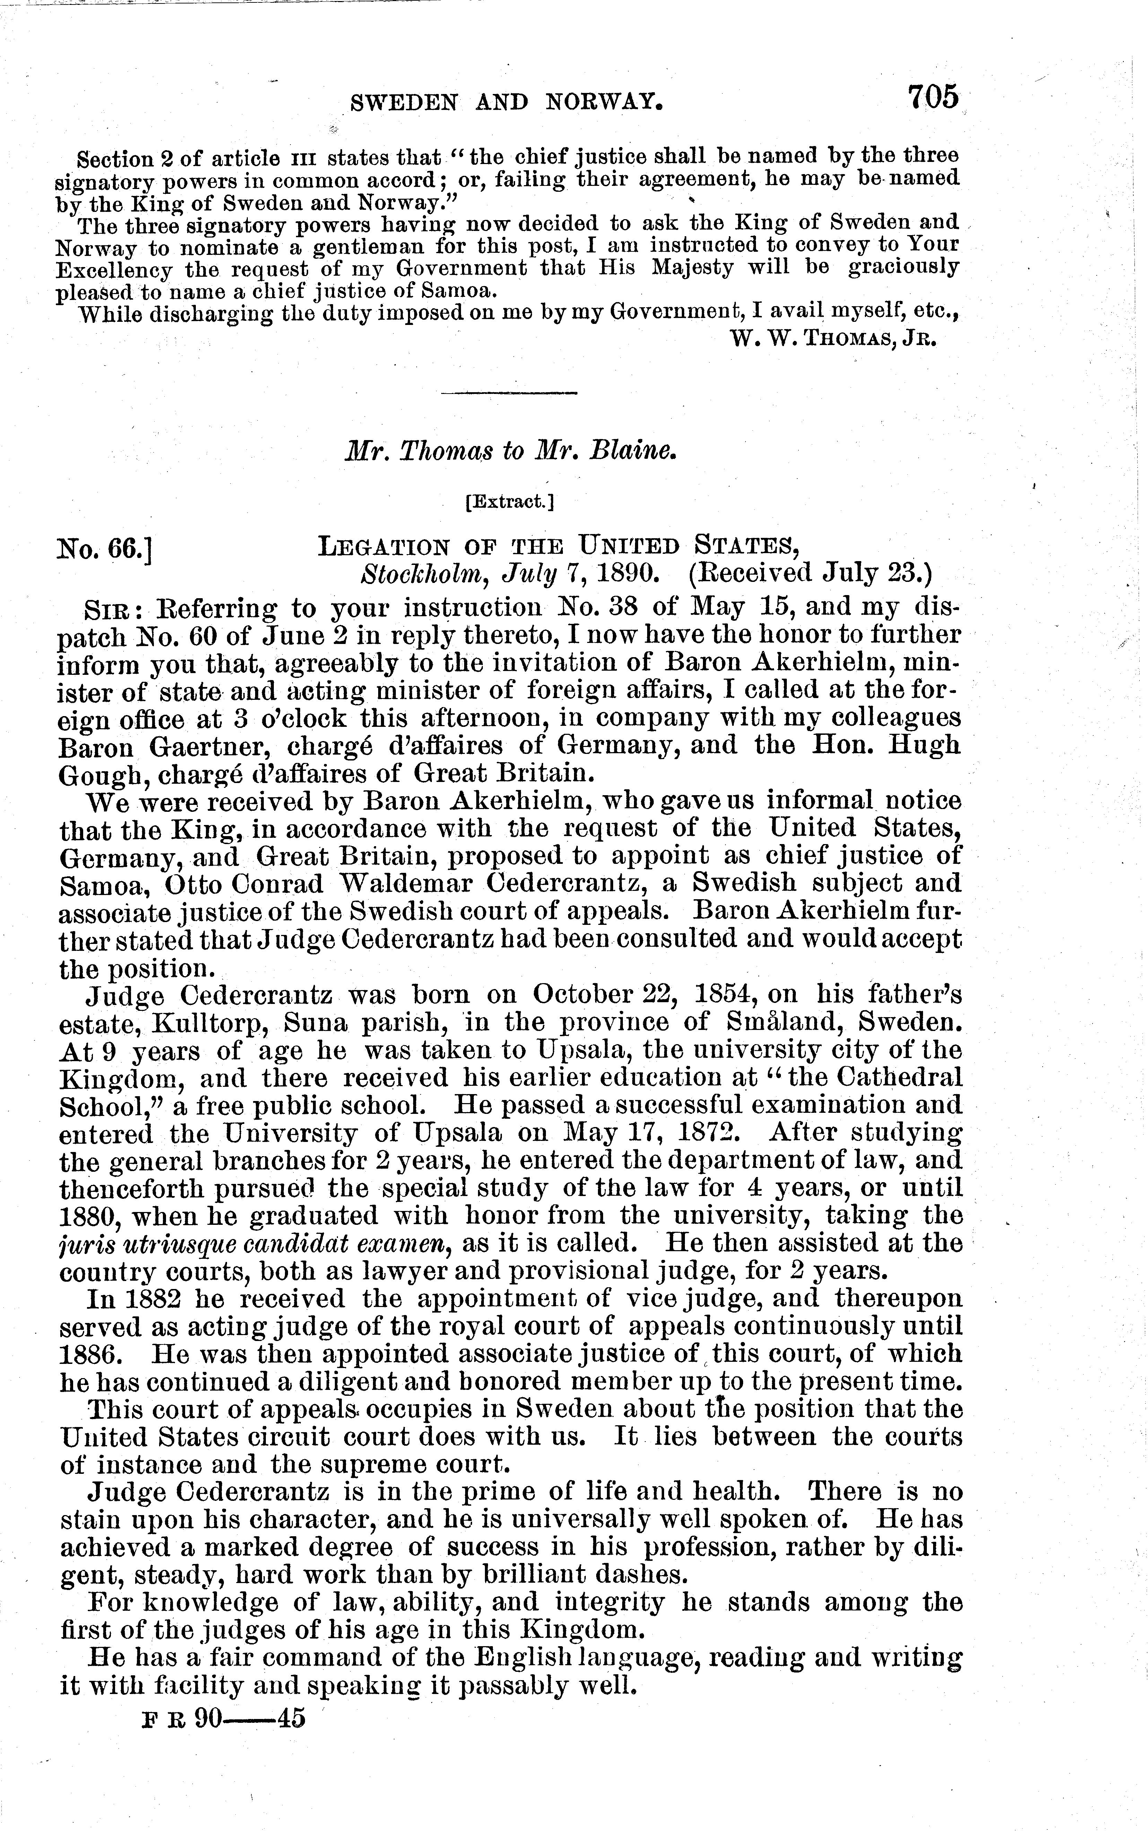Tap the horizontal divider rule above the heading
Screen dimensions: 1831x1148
click(x=509, y=393)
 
